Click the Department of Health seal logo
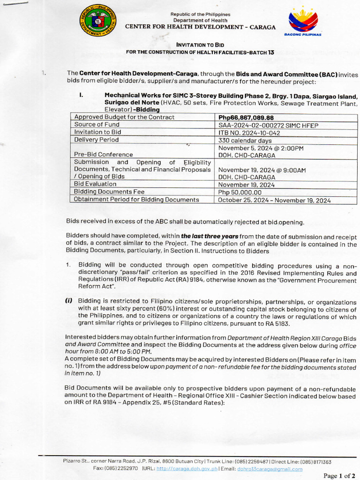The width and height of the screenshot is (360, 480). pyautogui.click(x=98, y=21)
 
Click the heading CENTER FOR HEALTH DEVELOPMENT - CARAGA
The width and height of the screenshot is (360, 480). pyautogui.click(x=200, y=27)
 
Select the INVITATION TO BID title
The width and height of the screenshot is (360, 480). pyautogui.click(x=200, y=45)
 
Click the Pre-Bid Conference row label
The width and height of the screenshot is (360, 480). pyautogui.click(x=104, y=154)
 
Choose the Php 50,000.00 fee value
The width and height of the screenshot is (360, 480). pyautogui.click(x=240, y=192)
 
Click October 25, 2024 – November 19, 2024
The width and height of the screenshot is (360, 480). pyautogui.click(x=274, y=200)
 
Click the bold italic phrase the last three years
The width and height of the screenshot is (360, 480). pyautogui.click(x=210, y=236)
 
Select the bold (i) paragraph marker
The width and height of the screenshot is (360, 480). pyautogui.click(x=69, y=301)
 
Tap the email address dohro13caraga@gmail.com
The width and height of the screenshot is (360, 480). pyautogui.click(x=270, y=469)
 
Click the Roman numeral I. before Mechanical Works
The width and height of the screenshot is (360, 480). pyautogui.click(x=81, y=95)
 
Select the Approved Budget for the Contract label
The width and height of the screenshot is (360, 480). pyautogui.click(x=124, y=117)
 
